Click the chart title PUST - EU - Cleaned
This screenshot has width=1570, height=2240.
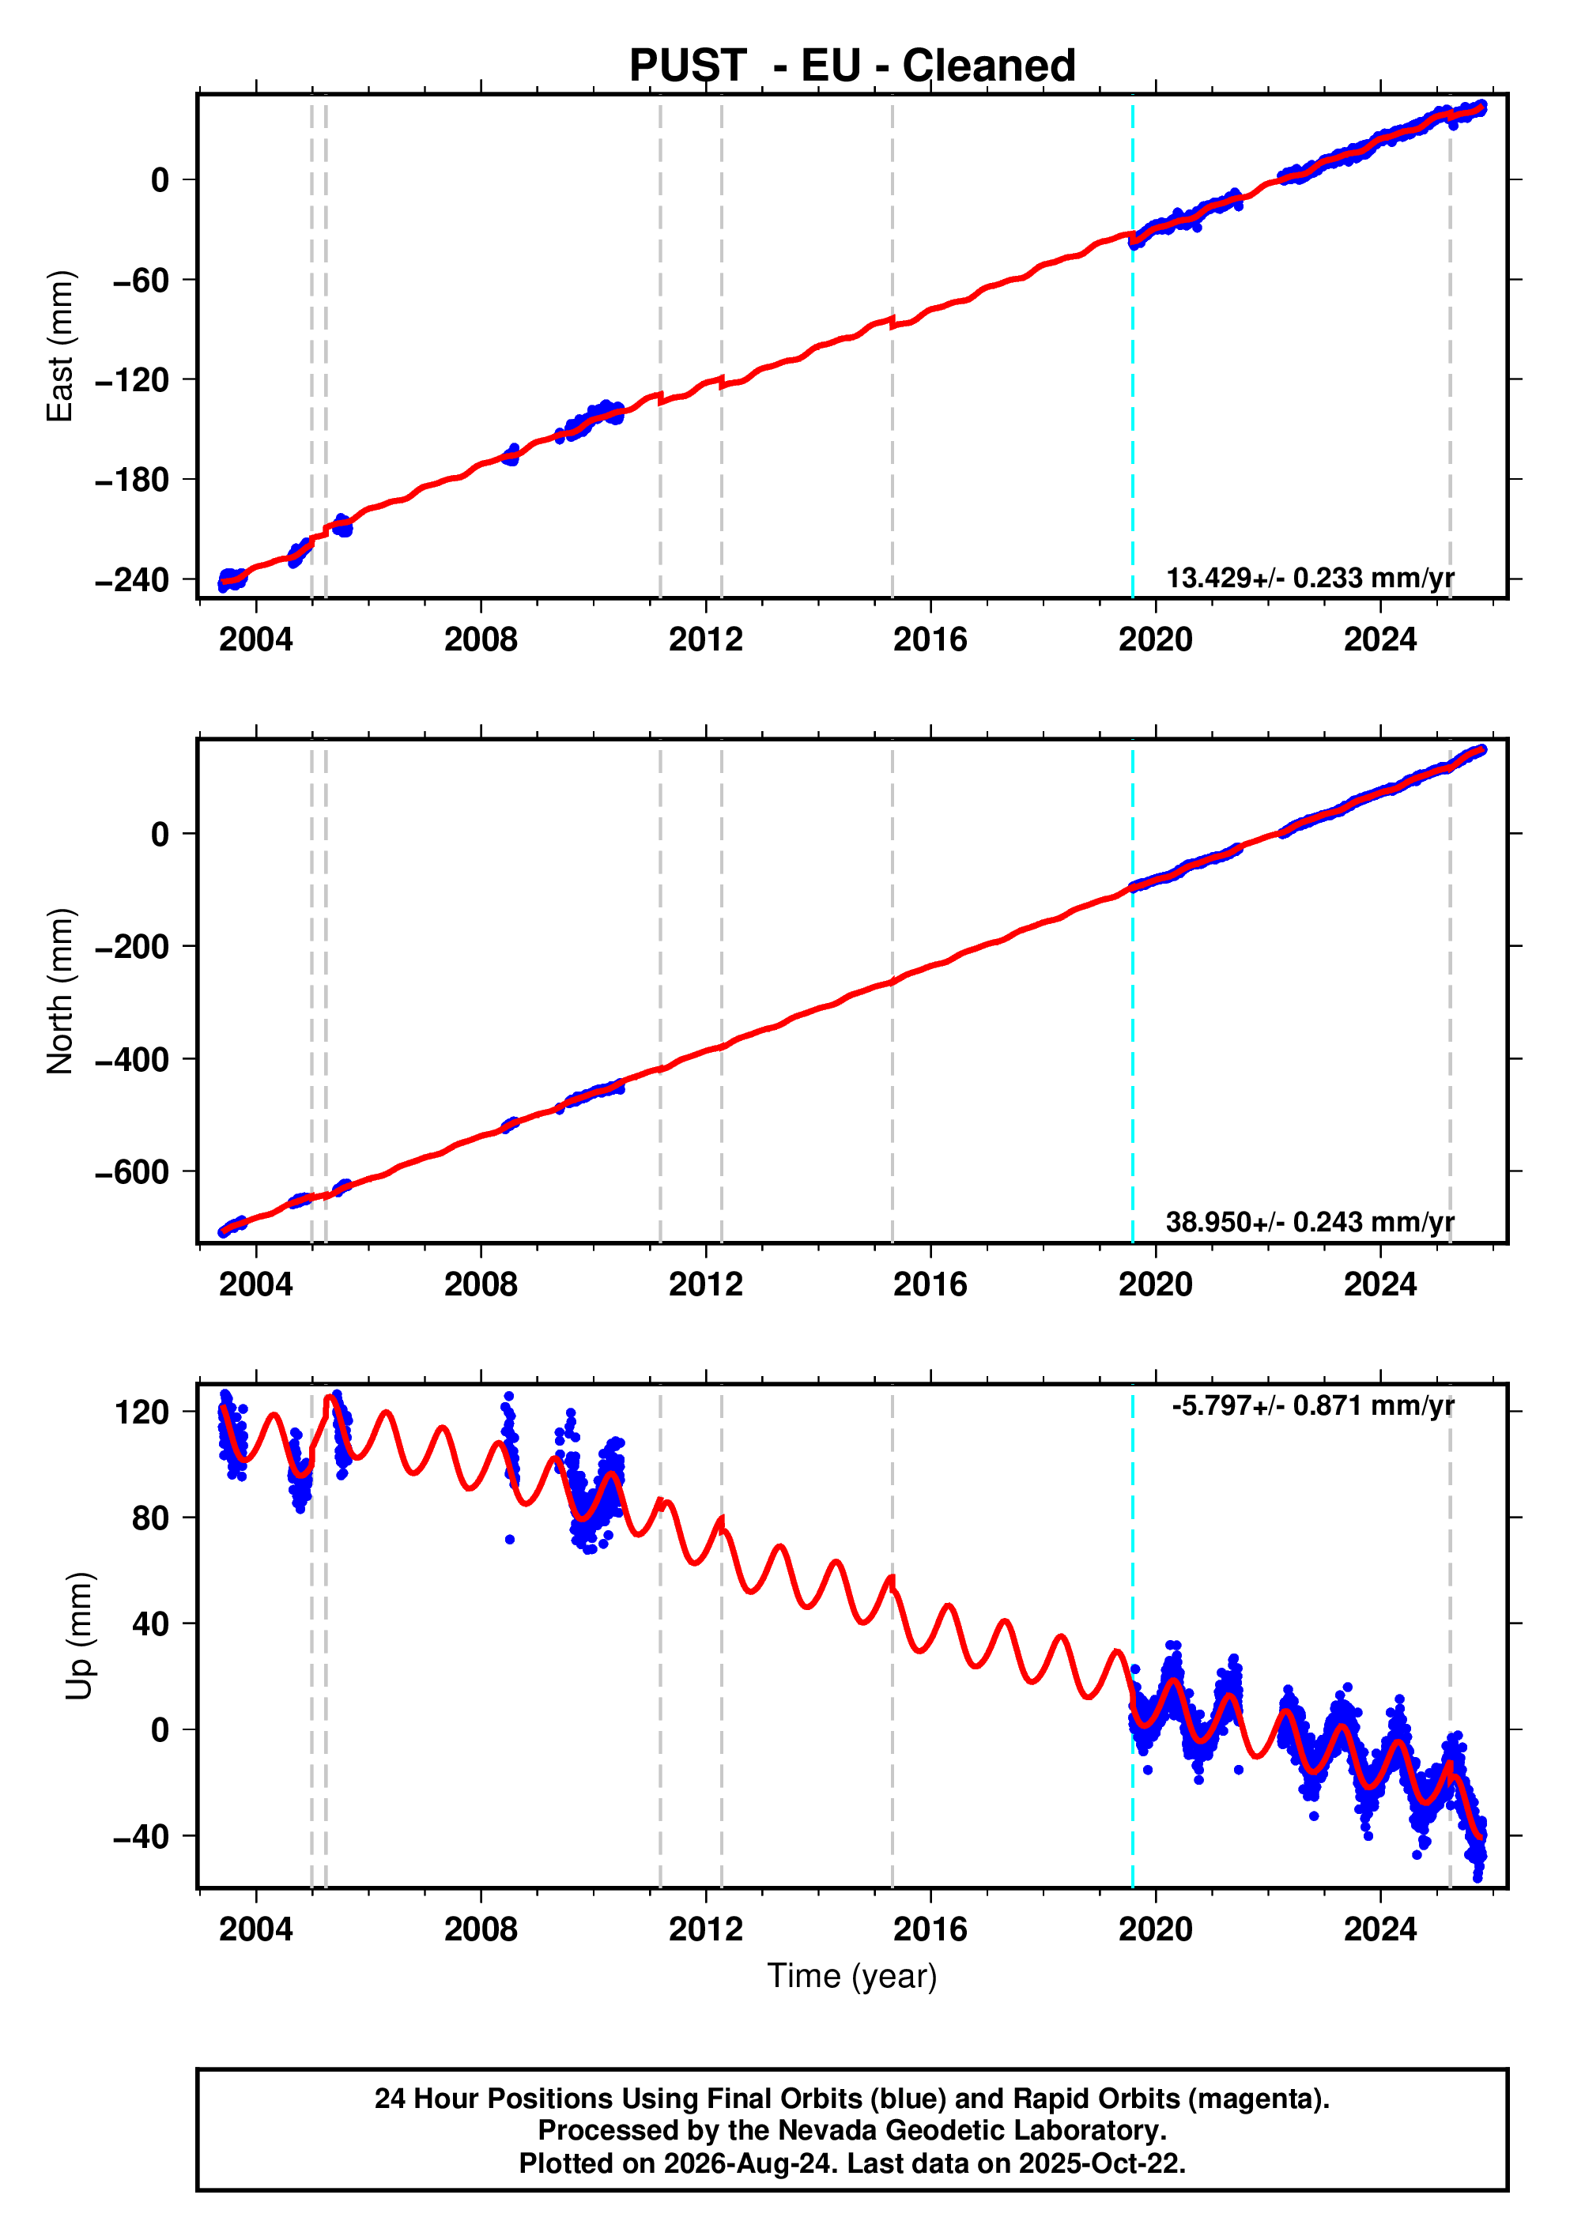coord(852,66)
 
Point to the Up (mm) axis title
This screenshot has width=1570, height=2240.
coord(80,1635)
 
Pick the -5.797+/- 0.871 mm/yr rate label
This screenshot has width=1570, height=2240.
coord(1312,1406)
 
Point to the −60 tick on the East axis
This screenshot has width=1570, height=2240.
coord(141,280)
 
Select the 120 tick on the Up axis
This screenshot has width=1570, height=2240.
coord(142,1412)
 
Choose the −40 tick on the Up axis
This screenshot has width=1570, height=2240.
coord(141,1836)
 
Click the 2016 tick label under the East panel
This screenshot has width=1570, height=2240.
coord(930,640)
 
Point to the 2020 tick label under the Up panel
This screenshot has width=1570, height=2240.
coord(1155,1929)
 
